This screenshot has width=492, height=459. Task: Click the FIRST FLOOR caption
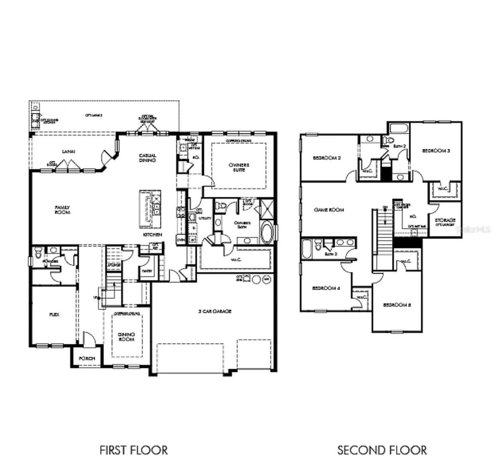(133, 450)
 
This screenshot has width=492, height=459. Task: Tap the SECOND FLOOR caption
(382, 450)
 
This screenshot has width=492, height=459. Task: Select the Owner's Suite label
(239, 167)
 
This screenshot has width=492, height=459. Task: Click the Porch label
(87, 359)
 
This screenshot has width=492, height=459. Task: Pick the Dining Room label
(126, 337)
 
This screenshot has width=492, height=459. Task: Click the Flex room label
(54, 314)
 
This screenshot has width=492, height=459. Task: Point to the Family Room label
(62, 210)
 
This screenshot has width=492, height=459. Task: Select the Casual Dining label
(147, 158)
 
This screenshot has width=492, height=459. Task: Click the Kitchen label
(153, 235)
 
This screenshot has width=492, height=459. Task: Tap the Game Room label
(329, 210)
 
